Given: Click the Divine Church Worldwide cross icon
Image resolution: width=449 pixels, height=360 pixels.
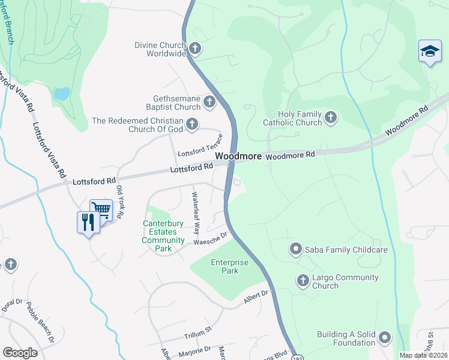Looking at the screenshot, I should (194, 49).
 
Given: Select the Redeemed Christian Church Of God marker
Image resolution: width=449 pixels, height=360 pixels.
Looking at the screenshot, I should (192, 124).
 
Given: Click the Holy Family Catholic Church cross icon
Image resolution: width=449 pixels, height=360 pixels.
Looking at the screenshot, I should (331, 117).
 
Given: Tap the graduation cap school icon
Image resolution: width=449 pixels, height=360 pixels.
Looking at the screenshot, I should (430, 52).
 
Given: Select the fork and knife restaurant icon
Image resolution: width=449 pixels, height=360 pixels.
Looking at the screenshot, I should (88, 222).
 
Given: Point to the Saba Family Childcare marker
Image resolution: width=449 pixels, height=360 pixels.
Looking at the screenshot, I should (295, 249).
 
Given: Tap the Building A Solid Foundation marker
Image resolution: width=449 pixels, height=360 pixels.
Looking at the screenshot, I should (385, 337).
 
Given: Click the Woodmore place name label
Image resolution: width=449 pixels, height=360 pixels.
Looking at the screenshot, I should (238, 155).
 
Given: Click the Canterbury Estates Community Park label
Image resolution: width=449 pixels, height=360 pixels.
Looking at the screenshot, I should (163, 236).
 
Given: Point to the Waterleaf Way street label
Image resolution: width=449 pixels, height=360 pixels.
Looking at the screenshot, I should (195, 212).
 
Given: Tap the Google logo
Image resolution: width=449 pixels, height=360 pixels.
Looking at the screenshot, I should (20, 352).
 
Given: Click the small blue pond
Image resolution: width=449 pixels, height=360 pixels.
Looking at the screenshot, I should (62, 94).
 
